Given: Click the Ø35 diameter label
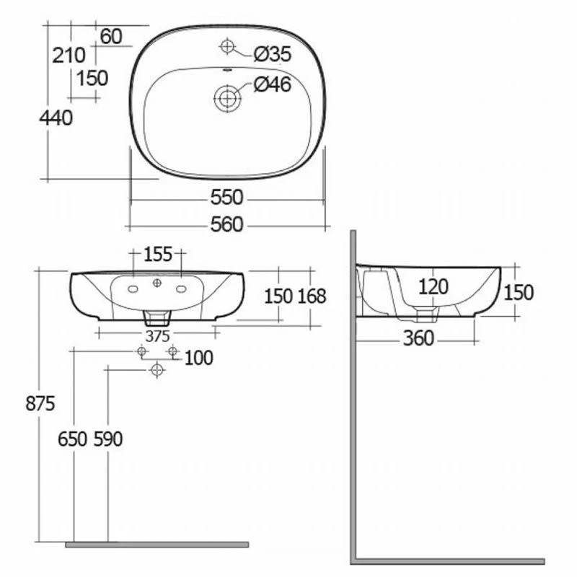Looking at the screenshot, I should [x=273, y=53].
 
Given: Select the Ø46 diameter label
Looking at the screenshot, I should [x=273, y=85].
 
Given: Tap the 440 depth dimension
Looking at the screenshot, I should [x=56, y=118].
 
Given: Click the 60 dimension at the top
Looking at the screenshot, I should [x=111, y=36].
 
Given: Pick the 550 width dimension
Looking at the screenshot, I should [x=226, y=197].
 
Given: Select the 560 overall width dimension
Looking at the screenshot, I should [x=226, y=225].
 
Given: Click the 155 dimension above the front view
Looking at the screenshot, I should [x=157, y=254].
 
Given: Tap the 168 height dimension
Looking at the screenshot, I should [x=312, y=296].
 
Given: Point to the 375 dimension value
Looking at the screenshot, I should [x=157, y=336].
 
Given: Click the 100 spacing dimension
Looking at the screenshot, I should [x=199, y=357].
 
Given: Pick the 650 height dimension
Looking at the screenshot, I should [x=74, y=439].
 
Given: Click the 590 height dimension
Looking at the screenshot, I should [x=107, y=439].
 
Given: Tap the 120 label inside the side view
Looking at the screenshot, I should [x=433, y=287].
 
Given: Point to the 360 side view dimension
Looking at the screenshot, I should [x=418, y=338].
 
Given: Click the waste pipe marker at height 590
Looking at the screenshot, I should [x=157, y=369].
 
